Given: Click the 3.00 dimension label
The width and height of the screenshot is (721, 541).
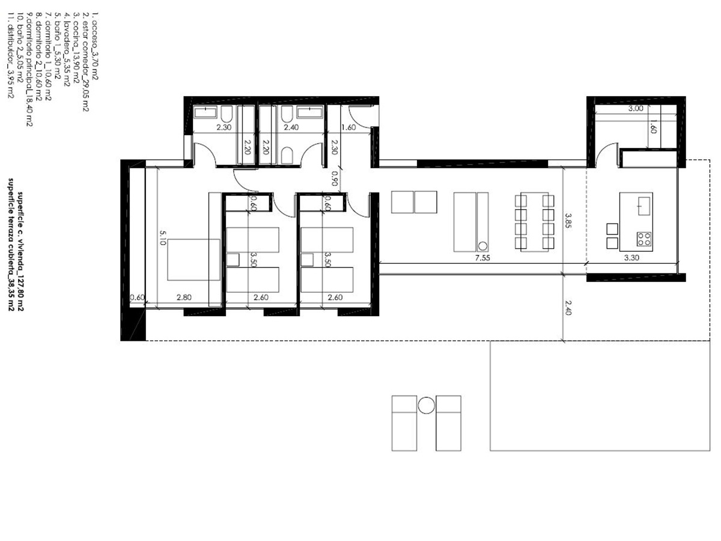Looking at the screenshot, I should tap(635, 109).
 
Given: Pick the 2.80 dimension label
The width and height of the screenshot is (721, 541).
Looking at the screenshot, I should tap(184, 298).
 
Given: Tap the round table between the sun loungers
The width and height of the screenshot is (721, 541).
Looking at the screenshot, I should tap(426, 405).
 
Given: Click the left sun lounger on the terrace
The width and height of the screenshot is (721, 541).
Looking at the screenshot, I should tap(404, 423).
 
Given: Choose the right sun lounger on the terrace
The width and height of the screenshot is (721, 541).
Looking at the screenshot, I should tap(448, 423).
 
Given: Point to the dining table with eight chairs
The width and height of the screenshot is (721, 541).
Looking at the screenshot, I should tap(534, 222).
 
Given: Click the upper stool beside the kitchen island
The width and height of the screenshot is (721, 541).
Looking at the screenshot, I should tap(612, 228).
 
